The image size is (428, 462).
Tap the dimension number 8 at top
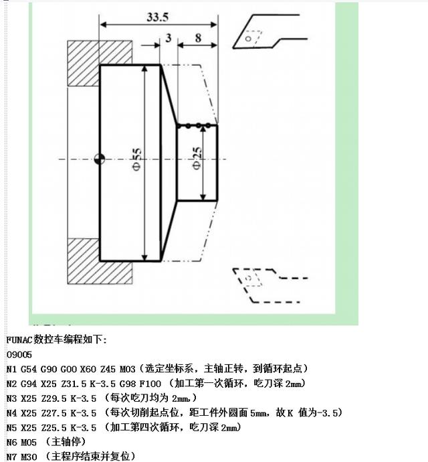pos(198,38)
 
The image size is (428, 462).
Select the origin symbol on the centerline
pos(100,159)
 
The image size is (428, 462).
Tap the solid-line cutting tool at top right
pos(267,33)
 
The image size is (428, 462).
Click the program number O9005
pos(19,354)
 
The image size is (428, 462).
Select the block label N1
pos(11,368)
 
